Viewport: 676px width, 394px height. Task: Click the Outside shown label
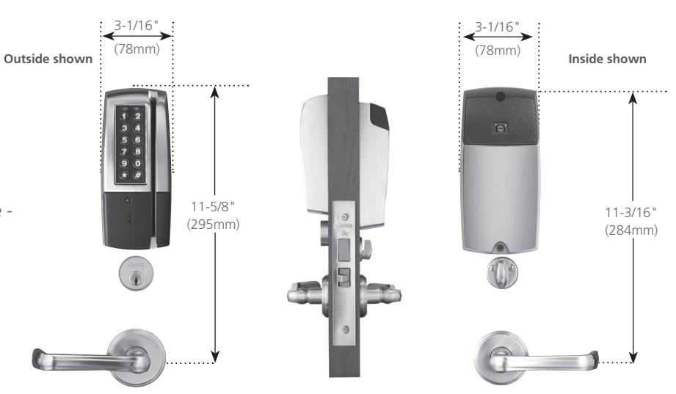[x=48, y=59]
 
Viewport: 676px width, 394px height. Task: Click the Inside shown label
[x=607, y=59]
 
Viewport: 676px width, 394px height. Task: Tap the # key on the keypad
[x=137, y=175]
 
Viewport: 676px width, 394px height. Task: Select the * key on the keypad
[x=124, y=175]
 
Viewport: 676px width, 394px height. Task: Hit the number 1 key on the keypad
[x=124, y=116]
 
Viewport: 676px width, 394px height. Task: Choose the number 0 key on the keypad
[x=137, y=164]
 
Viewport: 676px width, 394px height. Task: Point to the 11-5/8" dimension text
[x=213, y=206]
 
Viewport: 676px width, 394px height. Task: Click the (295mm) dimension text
[x=213, y=225]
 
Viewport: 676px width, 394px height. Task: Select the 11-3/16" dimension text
[x=630, y=212]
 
